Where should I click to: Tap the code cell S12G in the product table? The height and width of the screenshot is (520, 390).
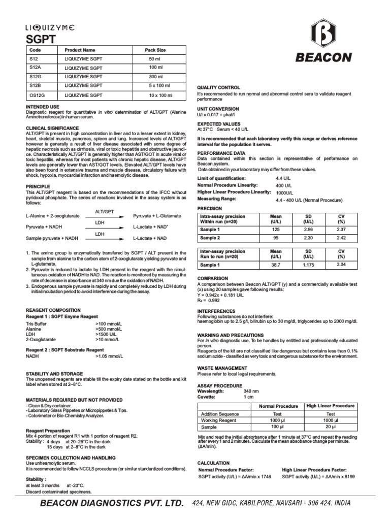tap(36, 77)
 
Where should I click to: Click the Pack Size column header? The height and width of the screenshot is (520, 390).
tap(155, 50)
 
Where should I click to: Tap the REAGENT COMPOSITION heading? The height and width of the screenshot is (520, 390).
tap(53, 310)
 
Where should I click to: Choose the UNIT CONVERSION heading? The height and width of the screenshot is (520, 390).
tap(218, 109)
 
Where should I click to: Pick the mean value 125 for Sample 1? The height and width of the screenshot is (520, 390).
tap(276, 230)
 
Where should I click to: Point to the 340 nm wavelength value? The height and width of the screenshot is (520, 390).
tap(251, 392)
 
